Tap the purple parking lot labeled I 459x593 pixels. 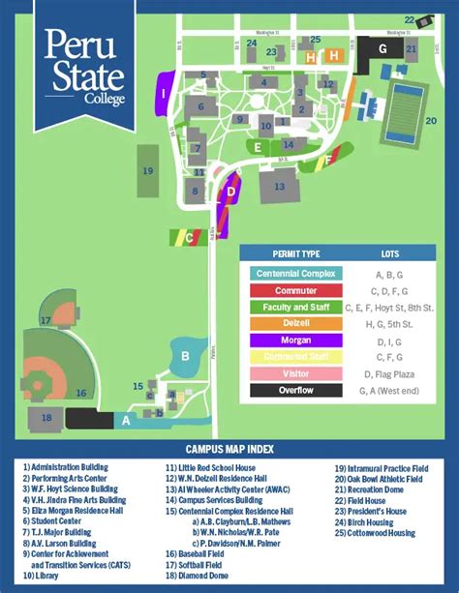pyautogui.click(x=166, y=94)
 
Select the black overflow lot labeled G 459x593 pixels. pyautogui.click(x=382, y=48)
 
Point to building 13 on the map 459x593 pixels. pyautogui.click(x=279, y=184)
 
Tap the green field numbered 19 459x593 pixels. pyautogui.click(x=148, y=170)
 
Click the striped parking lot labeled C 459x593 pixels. pyautogui.click(x=191, y=235)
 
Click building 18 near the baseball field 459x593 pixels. pyautogui.click(x=46, y=417)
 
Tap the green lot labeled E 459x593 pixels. pyautogui.click(x=259, y=147)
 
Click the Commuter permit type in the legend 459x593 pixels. pyautogui.click(x=297, y=290)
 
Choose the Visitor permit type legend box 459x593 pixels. pyautogui.click(x=297, y=373)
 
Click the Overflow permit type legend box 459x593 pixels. pyautogui.click(x=297, y=391)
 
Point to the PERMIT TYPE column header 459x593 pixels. pyautogui.click(x=297, y=253)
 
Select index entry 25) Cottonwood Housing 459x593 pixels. pyautogui.click(x=376, y=533)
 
